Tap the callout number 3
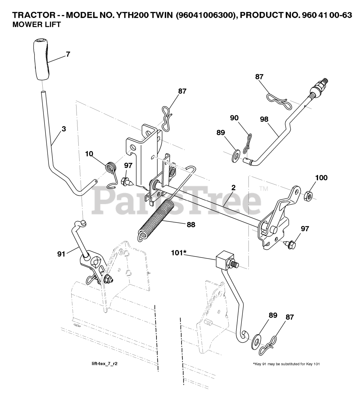click(x=64, y=128)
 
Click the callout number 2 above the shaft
click(x=233, y=188)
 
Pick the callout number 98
click(x=265, y=119)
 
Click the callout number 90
click(x=234, y=118)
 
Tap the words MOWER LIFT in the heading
click(x=36, y=25)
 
